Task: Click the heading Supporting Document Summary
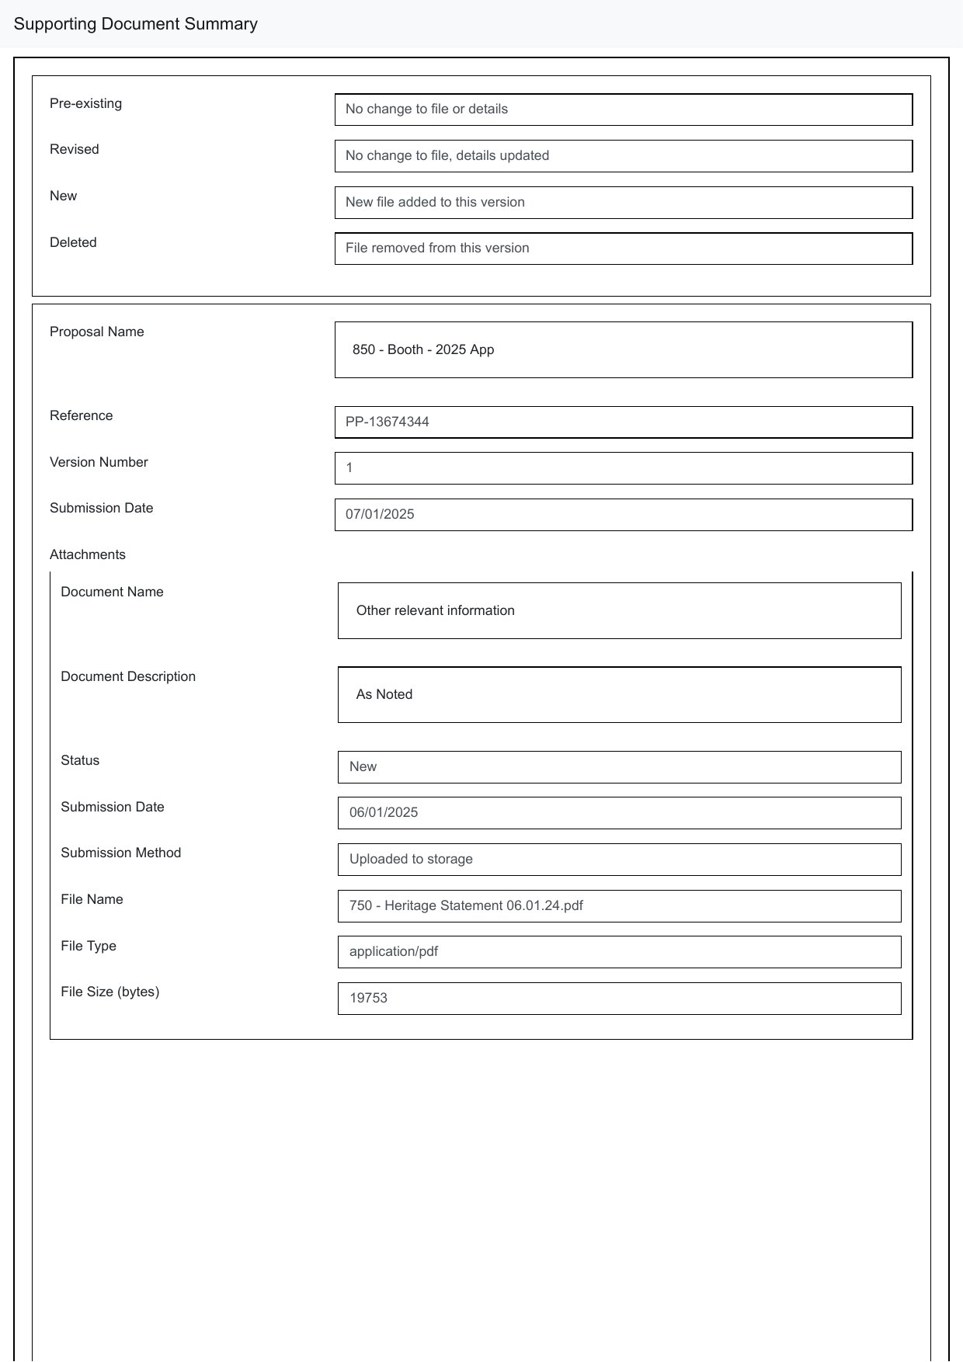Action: tap(136, 24)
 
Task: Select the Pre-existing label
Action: tap(85, 103)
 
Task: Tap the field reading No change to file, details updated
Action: tap(623, 156)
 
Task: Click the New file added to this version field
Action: tap(623, 203)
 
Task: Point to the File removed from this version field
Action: tap(623, 248)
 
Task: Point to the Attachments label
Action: tap(88, 554)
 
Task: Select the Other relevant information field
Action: tap(619, 611)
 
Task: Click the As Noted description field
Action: tap(619, 695)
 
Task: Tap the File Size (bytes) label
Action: tap(110, 992)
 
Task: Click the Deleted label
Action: tap(73, 242)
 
